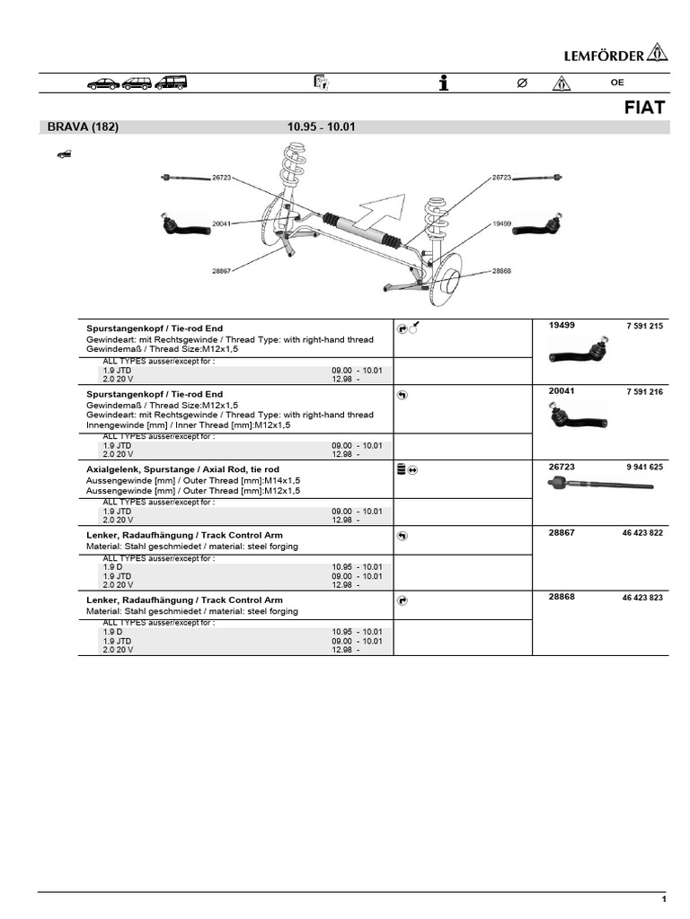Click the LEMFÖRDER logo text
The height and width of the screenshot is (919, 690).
point(603,56)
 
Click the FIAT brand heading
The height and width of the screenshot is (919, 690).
point(645,108)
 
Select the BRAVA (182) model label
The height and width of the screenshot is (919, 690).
point(83,127)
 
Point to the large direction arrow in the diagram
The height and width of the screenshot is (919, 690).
point(378,214)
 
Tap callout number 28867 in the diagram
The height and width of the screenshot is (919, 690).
point(221,270)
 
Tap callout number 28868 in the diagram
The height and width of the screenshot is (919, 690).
point(501,270)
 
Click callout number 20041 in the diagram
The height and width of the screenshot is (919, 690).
point(221,223)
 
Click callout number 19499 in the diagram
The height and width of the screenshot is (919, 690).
point(502,223)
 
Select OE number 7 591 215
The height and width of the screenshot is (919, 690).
point(644,326)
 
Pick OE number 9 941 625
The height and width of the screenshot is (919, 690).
point(644,467)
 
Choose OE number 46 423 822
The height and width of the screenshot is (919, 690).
point(641,532)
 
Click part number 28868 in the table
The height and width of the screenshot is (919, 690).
point(562,597)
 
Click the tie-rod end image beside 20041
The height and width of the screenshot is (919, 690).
point(577,416)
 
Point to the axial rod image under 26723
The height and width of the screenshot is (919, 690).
point(599,485)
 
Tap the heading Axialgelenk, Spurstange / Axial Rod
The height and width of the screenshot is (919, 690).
point(182,469)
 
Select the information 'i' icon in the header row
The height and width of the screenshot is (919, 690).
point(443,83)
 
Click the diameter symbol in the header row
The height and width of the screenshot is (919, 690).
point(522,83)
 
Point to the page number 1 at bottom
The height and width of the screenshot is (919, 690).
point(664,899)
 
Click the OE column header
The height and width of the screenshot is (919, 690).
point(617,83)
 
